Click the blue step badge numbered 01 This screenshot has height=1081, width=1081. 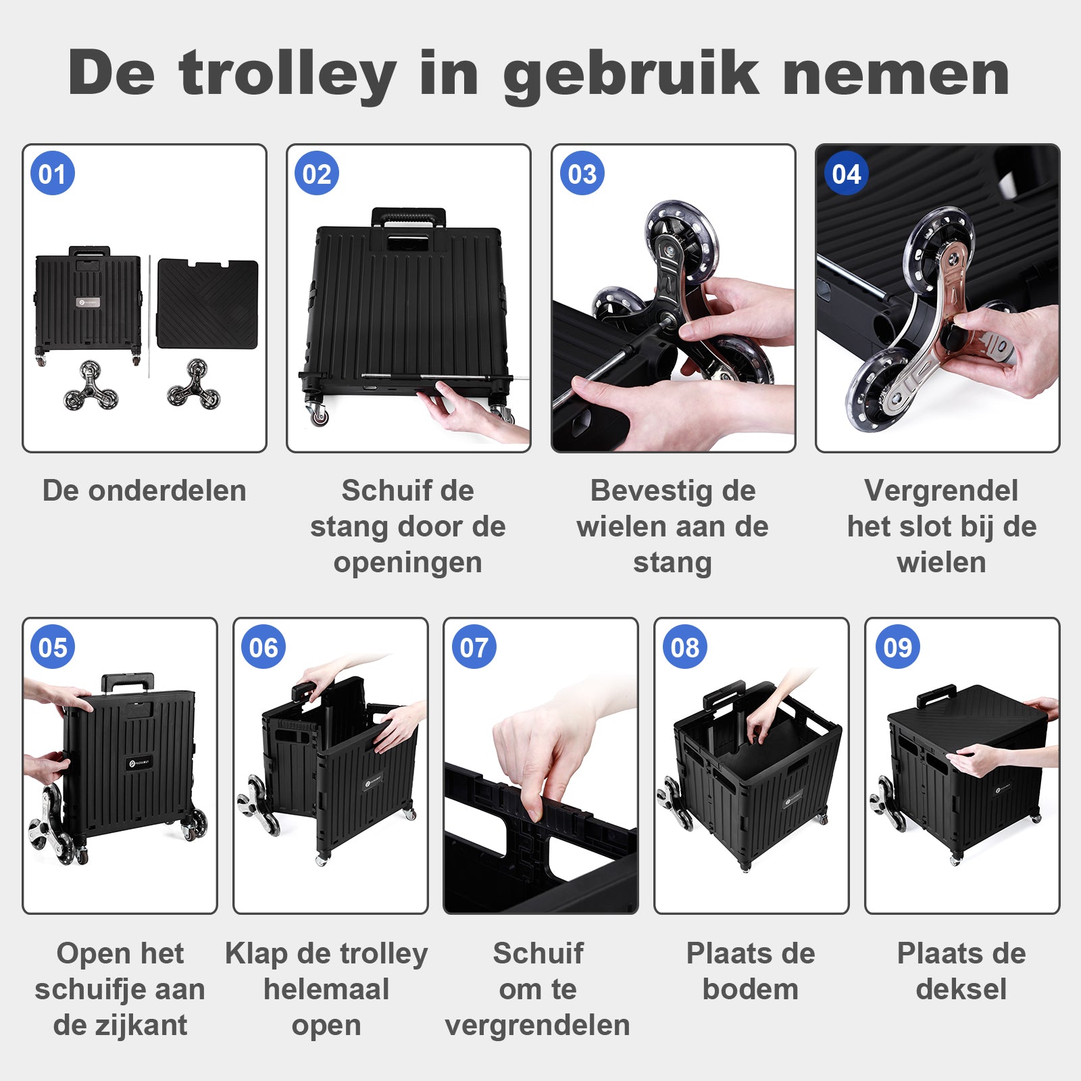(x=53, y=174)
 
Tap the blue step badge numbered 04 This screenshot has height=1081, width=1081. (x=846, y=174)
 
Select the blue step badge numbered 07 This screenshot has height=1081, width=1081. (x=474, y=647)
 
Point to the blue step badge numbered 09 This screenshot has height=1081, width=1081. (x=897, y=647)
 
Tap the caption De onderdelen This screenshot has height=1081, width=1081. (x=144, y=491)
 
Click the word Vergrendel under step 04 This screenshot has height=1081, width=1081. (x=940, y=491)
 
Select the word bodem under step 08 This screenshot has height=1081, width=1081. (x=751, y=989)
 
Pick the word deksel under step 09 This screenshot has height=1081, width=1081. (x=961, y=989)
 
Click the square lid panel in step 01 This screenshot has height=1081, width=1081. (x=207, y=303)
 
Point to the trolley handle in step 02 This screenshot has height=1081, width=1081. (x=408, y=217)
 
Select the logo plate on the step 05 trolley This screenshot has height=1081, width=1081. (x=139, y=764)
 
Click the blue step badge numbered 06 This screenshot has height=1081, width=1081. (x=263, y=647)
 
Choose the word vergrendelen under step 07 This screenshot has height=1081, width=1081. (x=537, y=1026)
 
